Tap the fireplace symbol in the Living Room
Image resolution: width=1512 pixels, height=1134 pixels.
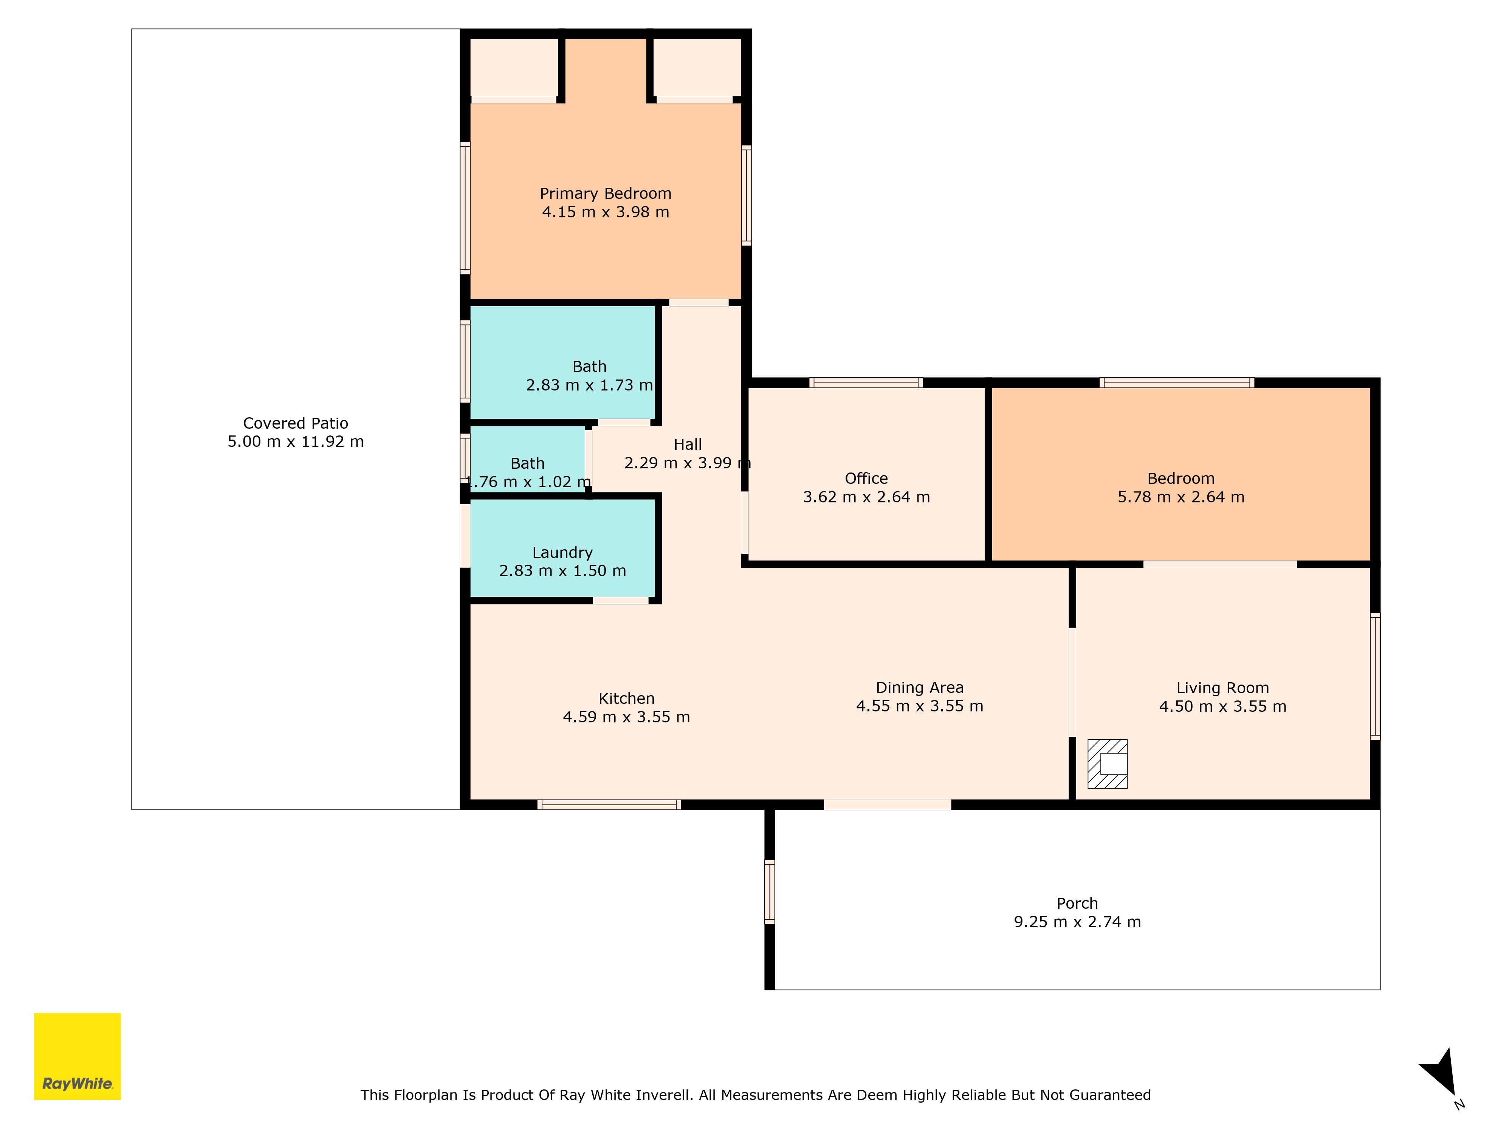[1107, 764]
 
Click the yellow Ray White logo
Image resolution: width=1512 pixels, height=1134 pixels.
[77, 1056]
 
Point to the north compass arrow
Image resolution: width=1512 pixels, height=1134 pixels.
[1441, 1073]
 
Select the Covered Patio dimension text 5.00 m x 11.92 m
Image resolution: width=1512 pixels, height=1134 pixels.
[295, 442]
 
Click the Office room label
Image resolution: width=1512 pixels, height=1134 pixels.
[866, 479]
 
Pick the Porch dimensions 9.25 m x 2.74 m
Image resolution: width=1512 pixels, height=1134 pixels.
[1077, 922]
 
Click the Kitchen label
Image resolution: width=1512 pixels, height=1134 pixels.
[626, 699]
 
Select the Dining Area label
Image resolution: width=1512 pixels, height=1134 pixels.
[919, 688]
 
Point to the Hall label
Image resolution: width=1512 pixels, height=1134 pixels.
[688, 444]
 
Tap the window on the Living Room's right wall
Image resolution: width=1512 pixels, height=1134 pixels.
[1375, 676]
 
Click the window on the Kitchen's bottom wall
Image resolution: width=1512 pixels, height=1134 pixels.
[609, 804]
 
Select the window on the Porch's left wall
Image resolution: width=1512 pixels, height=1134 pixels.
[770, 892]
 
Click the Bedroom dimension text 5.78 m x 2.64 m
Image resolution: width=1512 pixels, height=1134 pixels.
[1180, 497]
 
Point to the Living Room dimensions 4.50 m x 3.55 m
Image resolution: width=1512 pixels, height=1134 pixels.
[1222, 707]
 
